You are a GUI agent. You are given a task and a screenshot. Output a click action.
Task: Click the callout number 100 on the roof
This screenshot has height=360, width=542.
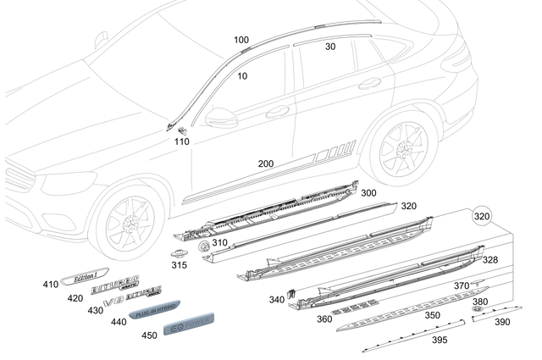[x=241, y=40]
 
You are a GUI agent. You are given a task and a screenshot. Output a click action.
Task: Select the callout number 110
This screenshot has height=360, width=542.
[x=181, y=141]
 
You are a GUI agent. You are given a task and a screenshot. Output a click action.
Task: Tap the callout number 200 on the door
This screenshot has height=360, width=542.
[x=266, y=163]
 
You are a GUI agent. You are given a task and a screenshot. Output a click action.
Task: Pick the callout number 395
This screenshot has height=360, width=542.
[x=440, y=340]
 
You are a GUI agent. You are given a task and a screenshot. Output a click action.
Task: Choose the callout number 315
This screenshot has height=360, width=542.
[x=179, y=265]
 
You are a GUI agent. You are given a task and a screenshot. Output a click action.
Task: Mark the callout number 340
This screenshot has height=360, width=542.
[x=277, y=299]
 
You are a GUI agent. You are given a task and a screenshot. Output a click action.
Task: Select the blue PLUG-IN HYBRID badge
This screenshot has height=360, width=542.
[x=152, y=311]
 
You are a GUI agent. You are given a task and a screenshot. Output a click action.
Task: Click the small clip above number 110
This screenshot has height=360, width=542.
[x=184, y=129]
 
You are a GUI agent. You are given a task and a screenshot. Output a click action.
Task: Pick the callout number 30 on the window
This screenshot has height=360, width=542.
[x=330, y=47]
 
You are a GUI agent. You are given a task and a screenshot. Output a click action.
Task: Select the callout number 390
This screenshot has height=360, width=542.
[x=502, y=322]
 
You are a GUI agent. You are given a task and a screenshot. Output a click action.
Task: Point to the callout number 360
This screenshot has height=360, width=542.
[x=324, y=318]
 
